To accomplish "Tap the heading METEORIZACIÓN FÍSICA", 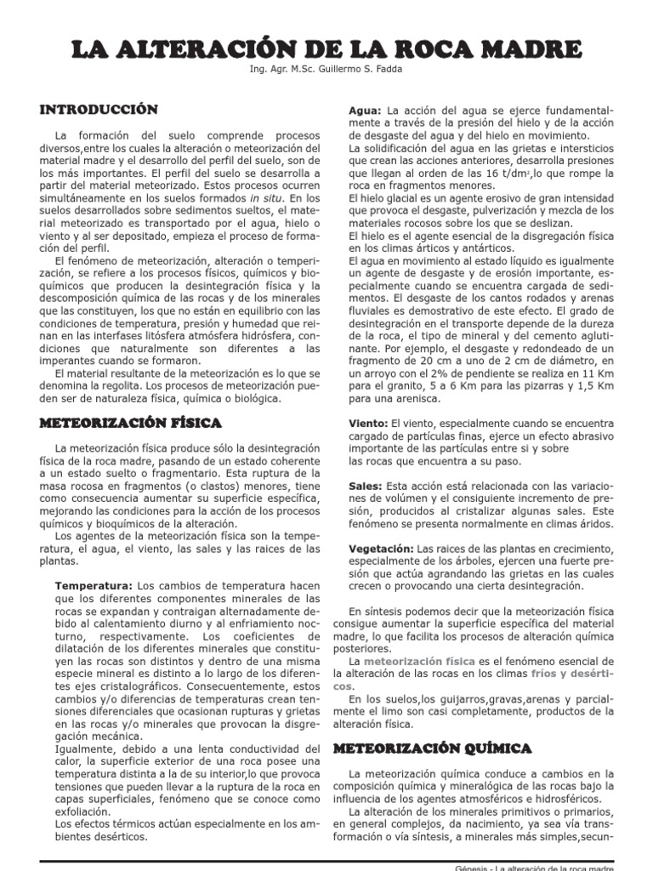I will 131,422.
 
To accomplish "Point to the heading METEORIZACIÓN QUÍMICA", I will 432,748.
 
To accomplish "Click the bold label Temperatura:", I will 94,586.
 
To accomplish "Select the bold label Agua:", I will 366,111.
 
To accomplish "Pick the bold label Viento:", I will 369,423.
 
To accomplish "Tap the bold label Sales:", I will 366,486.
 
